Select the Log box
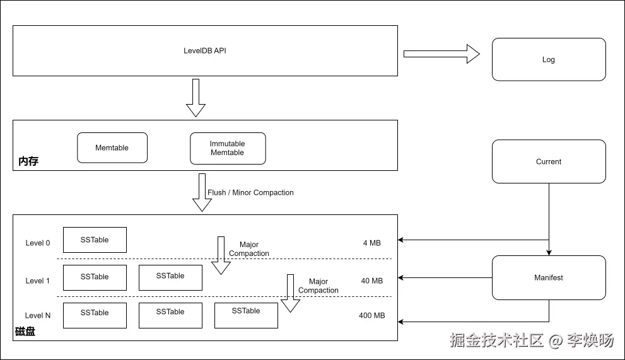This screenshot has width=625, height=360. click(x=549, y=59)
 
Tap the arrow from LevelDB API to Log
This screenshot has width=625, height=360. click(x=441, y=54)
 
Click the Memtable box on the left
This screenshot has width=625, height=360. click(x=112, y=148)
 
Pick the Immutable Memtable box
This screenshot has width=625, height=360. click(x=228, y=148)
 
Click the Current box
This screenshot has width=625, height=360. click(x=549, y=161)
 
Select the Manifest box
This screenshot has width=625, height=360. click(x=549, y=277)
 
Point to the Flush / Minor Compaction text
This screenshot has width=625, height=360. click(x=250, y=192)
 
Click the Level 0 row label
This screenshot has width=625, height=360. click(x=38, y=243)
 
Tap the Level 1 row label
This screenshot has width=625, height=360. click(x=38, y=281)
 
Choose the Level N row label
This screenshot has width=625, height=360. click(x=38, y=315)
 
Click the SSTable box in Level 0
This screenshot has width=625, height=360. click(x=95, y=240)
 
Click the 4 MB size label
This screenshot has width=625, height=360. click(x=371, y=243)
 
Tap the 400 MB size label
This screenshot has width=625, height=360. click(x=371, y=315)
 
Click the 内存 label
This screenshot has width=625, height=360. click(x=28, y=161)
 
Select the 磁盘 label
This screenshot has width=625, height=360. click(x=25, y=332)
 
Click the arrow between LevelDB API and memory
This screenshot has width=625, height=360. click(x=196, y=98)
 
